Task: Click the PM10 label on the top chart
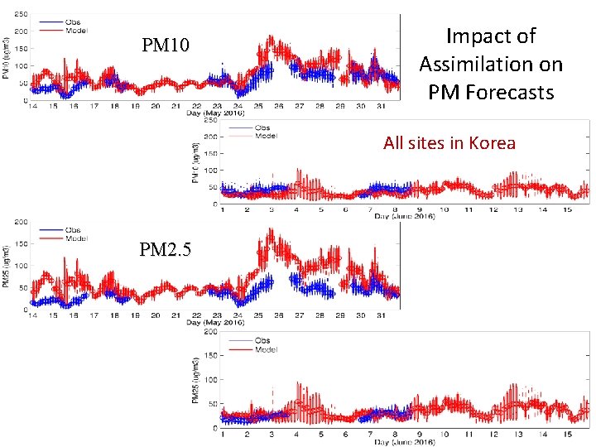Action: (x=166, y=45)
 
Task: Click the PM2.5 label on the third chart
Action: (x=165, y=248)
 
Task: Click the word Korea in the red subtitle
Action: (x=492, y=142)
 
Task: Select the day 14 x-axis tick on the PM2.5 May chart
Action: (x=32, y=315)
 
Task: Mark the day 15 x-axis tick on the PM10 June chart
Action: (x=566, y=209)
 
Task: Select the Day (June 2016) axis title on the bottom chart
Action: (x=404, y=441)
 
